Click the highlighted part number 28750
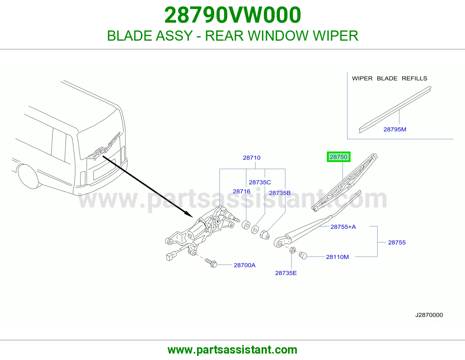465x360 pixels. point(338,157)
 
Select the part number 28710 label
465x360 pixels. point(251,158)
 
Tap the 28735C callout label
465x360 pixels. point(260,182)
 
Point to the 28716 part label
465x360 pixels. point(242,191)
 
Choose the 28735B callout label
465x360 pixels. point(280,193)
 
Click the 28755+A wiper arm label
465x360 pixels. point(343,227)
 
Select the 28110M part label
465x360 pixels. point(337,257)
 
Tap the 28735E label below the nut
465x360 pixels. point(286,273)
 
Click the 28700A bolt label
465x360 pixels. point(244,265)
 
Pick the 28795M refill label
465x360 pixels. point(395,129)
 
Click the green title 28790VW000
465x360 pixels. point(233,15)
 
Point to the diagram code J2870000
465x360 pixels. point(429,315)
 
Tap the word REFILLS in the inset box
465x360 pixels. point(414,78)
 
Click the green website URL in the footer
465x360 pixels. point(233,350)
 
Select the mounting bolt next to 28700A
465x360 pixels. point(211,263)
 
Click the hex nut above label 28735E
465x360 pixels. point(293,250)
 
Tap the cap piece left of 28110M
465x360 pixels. point(303,255)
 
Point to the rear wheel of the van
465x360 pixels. point(28,176)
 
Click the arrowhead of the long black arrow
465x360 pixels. point(190,215)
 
